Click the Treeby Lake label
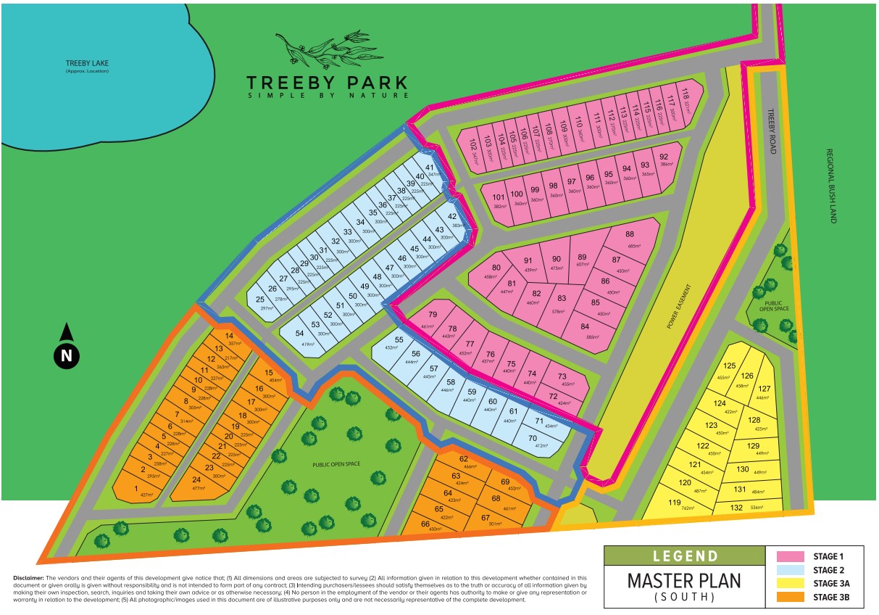[86, 64]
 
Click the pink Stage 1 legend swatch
[791, 557]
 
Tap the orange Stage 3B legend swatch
[791, 596]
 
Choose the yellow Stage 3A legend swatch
[791, 583]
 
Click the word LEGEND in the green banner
[685, 556]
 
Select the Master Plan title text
[684, 581]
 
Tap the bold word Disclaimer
[28, 577]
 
